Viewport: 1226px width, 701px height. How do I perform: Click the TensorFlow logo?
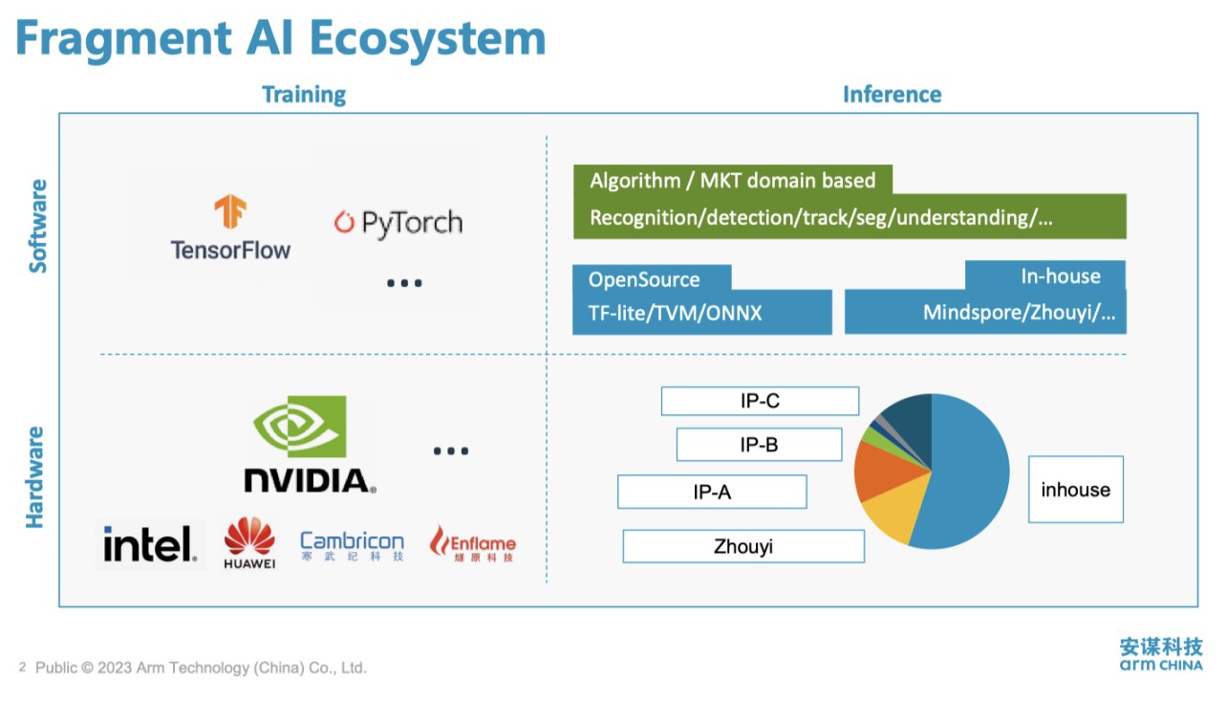[230, 228]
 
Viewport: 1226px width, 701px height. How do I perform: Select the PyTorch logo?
[398, 223]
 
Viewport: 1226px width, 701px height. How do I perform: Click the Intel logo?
[150, 545]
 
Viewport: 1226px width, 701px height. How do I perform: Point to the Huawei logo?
[249, 543]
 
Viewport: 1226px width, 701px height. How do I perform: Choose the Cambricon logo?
[352, 545]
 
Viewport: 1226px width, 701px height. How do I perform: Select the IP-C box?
[760, 402]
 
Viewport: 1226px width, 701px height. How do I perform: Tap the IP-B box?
[759, 445]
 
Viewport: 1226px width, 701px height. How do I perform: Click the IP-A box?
[712, 493]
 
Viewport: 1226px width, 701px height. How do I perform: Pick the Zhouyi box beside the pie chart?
[743, 547]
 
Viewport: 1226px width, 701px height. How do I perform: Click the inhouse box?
[1075, 490]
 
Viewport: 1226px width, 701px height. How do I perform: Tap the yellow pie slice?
[893, 516]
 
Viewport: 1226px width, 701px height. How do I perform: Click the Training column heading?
[304, 95]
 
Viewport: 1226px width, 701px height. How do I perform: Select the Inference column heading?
[892, 95]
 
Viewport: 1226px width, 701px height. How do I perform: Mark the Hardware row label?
[36, 477]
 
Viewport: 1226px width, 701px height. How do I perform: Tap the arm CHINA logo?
[1161, 654]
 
